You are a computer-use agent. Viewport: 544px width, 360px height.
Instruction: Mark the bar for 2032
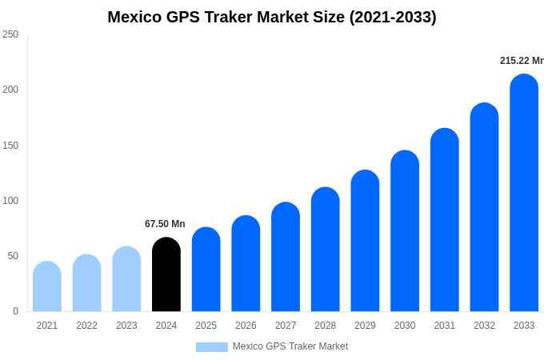click(x=484, y=207)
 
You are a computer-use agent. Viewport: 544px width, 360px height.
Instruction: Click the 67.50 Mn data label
click(x=165, y=224)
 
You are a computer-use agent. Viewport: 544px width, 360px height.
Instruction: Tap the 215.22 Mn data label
click(x=522, y=61)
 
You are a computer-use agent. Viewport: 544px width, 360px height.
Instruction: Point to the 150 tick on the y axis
click(x=10, y=145)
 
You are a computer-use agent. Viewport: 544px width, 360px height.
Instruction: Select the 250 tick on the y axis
click(x=10, y=34)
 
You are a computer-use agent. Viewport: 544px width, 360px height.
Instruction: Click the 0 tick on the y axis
click(x=15, y=311)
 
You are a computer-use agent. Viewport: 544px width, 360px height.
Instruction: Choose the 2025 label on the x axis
click(x=206, y=326)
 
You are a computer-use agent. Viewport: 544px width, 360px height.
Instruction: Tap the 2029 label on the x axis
click(x=365, y=326)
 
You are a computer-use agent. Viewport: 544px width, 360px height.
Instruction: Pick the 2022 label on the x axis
click(x=87, y=326)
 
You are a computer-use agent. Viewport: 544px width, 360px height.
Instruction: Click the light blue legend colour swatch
click(x=212, y=347)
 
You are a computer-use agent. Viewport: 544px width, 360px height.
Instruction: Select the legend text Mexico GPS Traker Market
click(x=290, y=346)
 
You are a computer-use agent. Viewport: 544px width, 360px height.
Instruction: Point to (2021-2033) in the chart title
click(x=393, y=17)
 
